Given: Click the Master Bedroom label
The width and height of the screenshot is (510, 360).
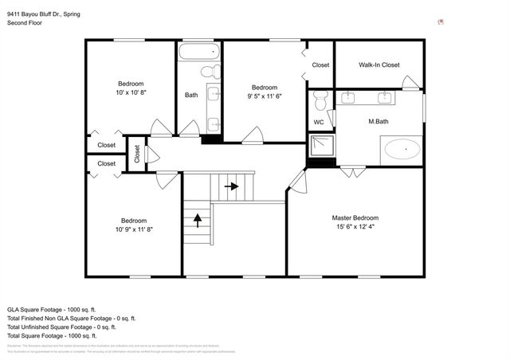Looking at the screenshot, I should coord(355,217).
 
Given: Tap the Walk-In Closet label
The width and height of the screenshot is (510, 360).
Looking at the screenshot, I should coord(379,65).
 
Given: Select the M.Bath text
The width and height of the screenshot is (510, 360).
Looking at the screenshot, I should coord(378,122).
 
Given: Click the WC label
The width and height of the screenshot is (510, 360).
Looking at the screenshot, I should coord(319,123).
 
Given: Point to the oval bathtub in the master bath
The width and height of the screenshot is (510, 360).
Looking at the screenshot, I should coord(402,148).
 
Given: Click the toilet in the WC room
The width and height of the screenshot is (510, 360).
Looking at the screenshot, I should coord(320,100).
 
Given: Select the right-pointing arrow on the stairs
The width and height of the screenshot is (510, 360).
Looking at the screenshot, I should coord(232,186).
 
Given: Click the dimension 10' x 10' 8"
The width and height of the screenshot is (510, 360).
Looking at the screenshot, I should coord(131,93).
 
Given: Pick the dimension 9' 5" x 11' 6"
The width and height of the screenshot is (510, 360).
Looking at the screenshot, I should coord(264,96).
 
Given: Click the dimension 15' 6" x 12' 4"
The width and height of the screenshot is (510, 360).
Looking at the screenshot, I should coord(355,227).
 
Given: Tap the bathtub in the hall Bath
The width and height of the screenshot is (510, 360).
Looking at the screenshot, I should coord(198,53).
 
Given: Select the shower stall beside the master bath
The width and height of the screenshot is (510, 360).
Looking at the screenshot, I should coord(321,147).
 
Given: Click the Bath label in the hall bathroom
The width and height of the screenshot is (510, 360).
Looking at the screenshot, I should coord(191,95).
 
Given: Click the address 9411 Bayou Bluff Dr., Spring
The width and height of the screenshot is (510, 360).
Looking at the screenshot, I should coord(49,14).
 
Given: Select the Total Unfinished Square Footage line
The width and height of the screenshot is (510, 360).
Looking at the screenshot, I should coord(61,327).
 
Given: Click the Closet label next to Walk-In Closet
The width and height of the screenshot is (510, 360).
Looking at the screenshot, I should coord(320,65).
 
